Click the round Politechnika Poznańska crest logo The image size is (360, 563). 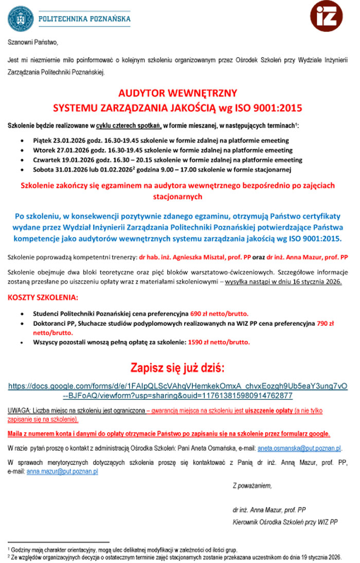coord(20,18)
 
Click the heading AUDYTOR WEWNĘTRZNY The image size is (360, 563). coord(178,93)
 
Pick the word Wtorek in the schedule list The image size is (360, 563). coord(43,150)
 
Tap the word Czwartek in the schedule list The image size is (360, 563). coord(46,160)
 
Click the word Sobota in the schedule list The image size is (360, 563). coord(43,170)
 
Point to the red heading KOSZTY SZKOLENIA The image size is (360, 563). coord(43,297)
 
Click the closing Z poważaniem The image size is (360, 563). coord(251,485)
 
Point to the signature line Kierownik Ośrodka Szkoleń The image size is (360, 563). coord(285,522)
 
